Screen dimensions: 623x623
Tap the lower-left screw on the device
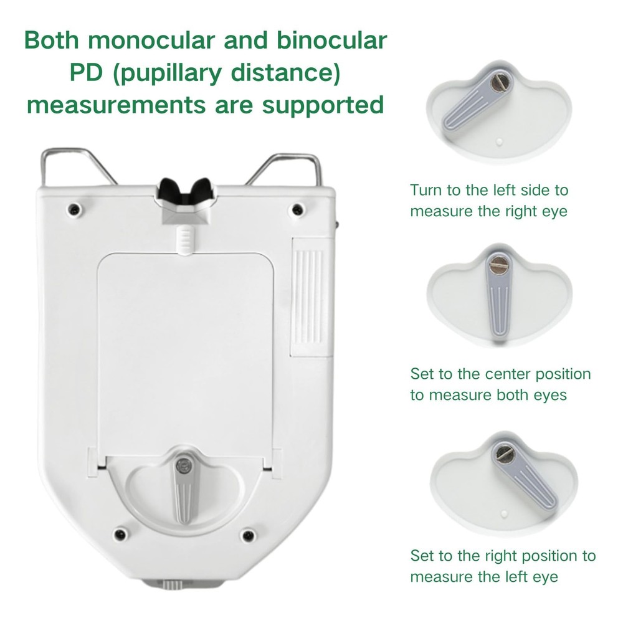pyautogui.click(x=118, y=534)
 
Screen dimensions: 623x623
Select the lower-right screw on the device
pyautogui.click(x=249, y=534)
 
